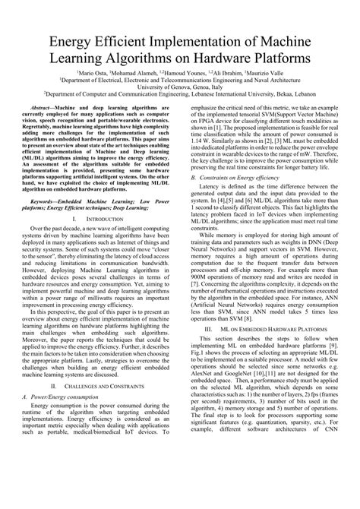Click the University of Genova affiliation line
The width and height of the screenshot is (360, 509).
pyautogui.click(x=179, y=87)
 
